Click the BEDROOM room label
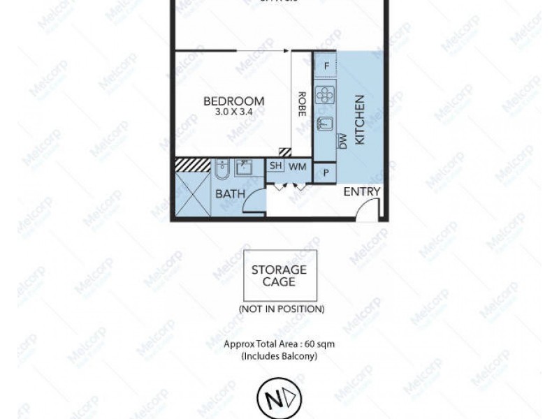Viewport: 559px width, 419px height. click(233, 100)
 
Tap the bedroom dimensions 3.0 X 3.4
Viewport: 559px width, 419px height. click(233, 111)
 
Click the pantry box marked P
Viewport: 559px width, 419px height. click(325, 172)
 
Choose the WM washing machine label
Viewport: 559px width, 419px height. click(298, 166)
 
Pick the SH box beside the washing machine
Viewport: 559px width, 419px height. click(277, 166)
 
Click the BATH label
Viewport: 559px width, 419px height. click(230, 194)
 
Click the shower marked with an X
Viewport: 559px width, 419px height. click(191, 195)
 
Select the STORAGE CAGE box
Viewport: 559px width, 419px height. click(279, 275)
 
